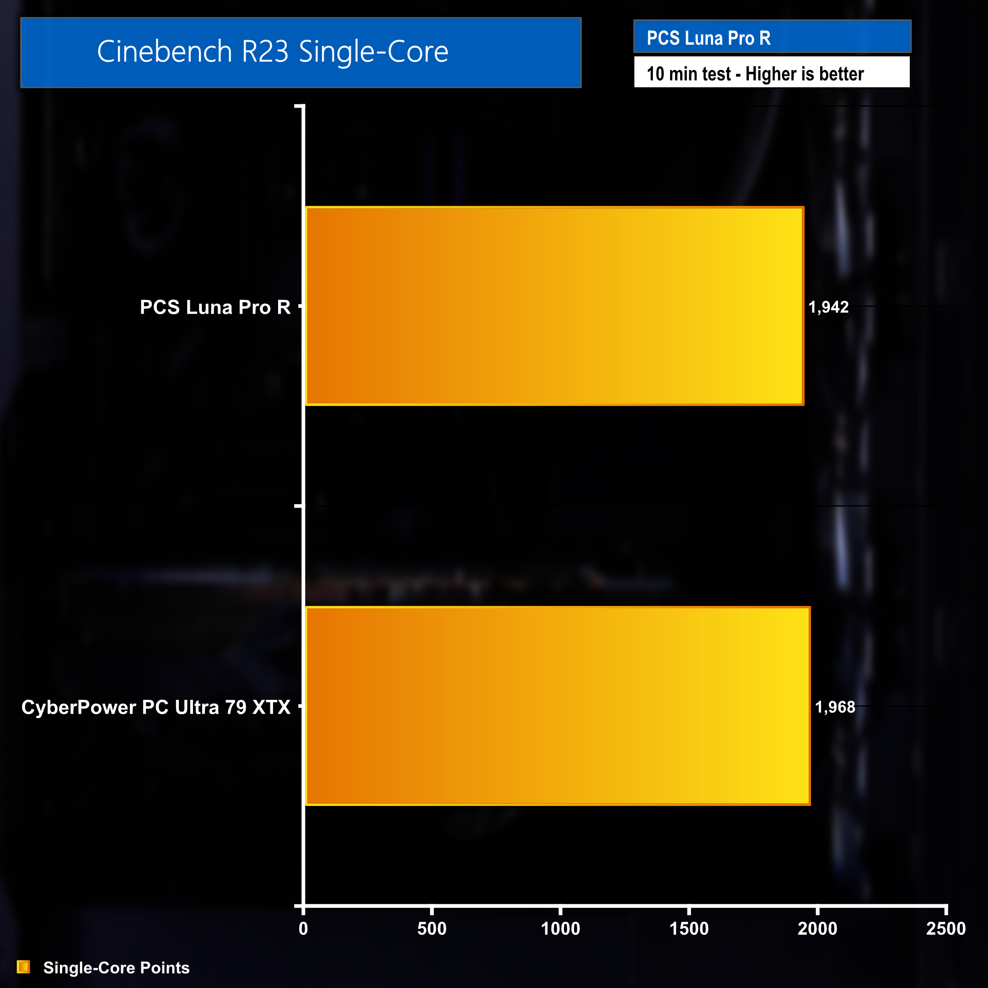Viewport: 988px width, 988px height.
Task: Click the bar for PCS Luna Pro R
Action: [554, 306]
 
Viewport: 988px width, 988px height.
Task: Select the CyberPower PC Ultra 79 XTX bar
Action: [558, 706]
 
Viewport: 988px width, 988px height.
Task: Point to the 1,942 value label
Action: [828, 307]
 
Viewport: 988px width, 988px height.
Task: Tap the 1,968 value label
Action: [835, 707]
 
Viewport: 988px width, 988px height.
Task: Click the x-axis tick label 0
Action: [303, 928]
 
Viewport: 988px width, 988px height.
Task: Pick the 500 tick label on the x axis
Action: [432, 928]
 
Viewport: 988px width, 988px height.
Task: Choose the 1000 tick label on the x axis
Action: [560, 928]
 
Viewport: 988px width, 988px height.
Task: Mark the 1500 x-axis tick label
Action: [689, 928]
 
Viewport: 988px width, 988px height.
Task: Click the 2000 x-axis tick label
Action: [817, 928]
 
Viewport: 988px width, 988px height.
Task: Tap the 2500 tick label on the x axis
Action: [945, 928]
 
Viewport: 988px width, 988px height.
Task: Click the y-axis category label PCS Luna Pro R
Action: [215, 307]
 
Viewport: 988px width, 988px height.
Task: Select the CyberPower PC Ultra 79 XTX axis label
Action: [156, 707]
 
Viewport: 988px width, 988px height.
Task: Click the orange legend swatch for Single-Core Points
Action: [23, 967]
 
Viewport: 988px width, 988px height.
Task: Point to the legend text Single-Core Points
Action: [116, 967]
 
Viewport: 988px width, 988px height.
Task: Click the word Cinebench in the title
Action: [164, 52]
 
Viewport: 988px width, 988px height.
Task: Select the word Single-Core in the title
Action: [373, 52]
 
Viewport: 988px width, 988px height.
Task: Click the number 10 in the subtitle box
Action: [655, 74]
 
